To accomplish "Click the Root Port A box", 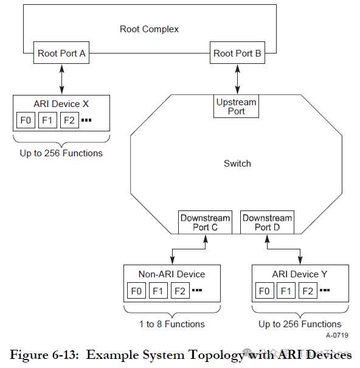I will (61, 54).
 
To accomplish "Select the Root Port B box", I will (237, 54).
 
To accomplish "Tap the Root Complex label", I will (149, 29).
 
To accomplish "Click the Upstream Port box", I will (237, 106).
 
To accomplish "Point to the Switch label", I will (237, 164).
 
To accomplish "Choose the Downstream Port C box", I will (206, 223).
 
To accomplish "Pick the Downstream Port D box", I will (267, 223).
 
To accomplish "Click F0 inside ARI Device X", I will (26, 120).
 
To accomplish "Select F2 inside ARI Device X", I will (69, 120).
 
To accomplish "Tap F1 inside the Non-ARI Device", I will (158, 291).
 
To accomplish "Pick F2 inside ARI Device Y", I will (309, 291).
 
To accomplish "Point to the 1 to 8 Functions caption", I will (172, 324).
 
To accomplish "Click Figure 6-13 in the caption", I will (45, 355).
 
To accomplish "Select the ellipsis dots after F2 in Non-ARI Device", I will (197, 291).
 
